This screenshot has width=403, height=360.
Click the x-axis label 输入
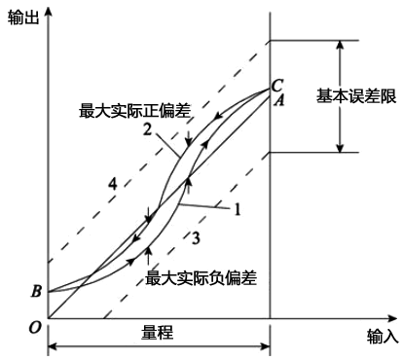click(383, 336)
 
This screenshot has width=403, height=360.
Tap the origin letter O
click(35, 327)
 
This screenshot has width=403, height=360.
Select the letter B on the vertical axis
click(37, 290)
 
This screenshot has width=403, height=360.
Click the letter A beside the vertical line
click(278, 98)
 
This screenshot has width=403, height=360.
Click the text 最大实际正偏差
click(128, 111)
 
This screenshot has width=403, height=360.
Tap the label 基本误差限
click(353, 96)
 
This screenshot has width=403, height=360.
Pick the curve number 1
click(235, 208)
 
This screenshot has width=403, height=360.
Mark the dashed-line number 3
click(195, 238)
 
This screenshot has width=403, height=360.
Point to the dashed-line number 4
click(113, 182)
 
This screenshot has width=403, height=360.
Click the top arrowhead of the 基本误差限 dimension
click(340, 45)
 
